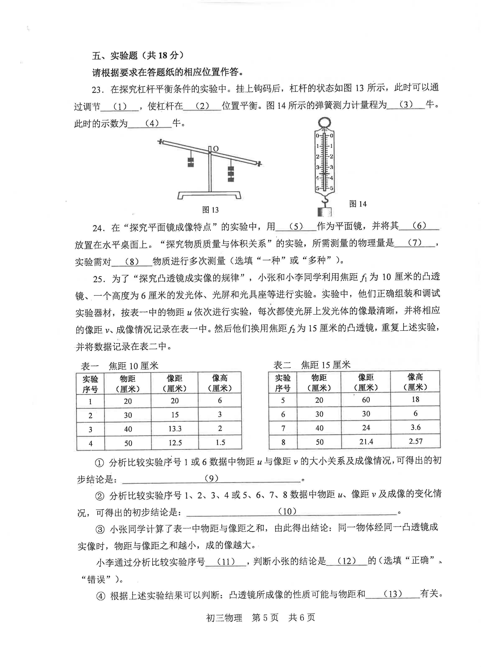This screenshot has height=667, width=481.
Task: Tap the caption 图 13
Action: (x=211, y=210)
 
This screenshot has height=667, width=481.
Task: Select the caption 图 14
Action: (x=358, y=204)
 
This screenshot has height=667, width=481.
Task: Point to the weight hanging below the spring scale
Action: (x=325, y=212)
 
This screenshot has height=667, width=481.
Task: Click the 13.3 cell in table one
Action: (x=175, y=429)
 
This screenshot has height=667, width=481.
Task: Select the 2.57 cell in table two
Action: (x=415, y=441)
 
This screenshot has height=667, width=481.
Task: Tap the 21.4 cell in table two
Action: (x=366, y=441)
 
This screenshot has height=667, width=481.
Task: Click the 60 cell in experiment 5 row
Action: (x=366, y=400)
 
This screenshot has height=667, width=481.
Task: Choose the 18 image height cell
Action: (x=415, y=399)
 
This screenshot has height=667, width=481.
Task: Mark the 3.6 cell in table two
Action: (x=415, y=427)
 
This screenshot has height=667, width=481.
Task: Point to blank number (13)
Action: (x=393, y=594)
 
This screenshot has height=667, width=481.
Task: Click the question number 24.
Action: (x=99, y=228)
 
